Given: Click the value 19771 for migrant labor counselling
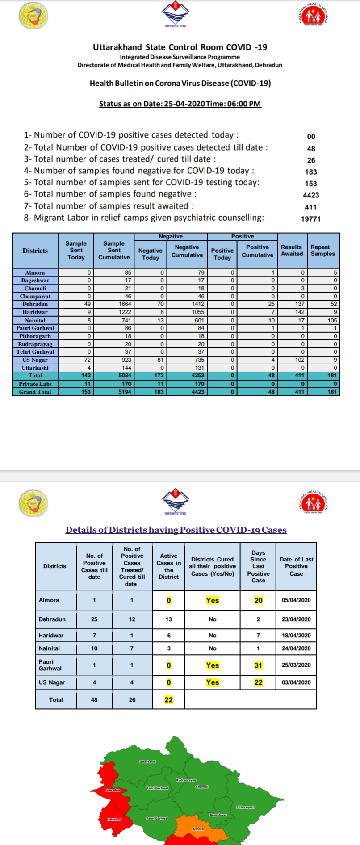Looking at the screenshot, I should tap(310, 219).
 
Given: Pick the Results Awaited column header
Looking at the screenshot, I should tap(292, 250).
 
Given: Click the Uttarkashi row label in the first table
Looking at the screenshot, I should tap(35, 368).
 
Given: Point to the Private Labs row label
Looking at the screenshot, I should tap(35, 384).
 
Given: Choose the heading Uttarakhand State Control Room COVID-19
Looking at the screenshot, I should tap(180, 47).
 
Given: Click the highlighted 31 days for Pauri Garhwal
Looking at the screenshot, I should tap(258, 665).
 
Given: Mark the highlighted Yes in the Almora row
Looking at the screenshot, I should tap(213, 601).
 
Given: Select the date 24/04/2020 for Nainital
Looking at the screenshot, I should tap(296, 648).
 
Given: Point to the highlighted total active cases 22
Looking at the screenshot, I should tap(168, 700).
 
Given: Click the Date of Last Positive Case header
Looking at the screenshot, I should tap(296, 566).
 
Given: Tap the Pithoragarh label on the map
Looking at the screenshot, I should tap(245, 807).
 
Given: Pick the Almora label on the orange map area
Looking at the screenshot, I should tap(198, 829).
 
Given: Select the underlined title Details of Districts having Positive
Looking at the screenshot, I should tap(176, 530).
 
